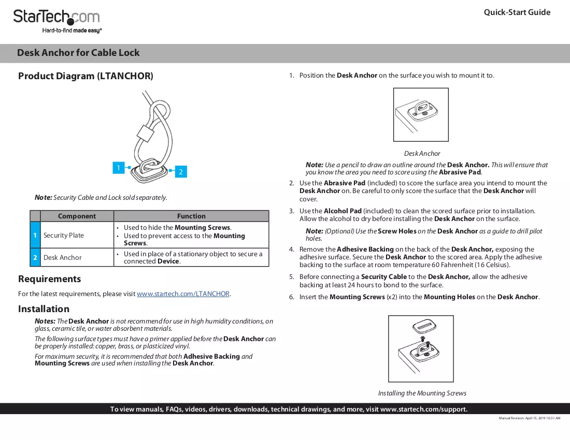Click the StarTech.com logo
[57, 21]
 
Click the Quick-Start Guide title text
[517, 12]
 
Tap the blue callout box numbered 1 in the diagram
[119, 168]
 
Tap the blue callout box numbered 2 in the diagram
[181, 172]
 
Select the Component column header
[77, 216]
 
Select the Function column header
[191, 216]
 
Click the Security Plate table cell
[64, 235]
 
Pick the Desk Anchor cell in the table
[63, 257]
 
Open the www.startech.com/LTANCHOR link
[183, 294]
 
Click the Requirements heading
[49, 279]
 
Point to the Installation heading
[44, 309]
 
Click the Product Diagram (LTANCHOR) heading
[86, 76]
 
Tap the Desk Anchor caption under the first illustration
[422, 154]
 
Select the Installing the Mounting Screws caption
[422, 393]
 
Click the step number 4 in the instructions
[292, 250]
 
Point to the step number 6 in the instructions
[292, 297]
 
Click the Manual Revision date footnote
[529, 418]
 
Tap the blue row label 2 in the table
[35, 257]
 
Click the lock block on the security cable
[145, 133]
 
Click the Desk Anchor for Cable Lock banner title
[78, 53]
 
